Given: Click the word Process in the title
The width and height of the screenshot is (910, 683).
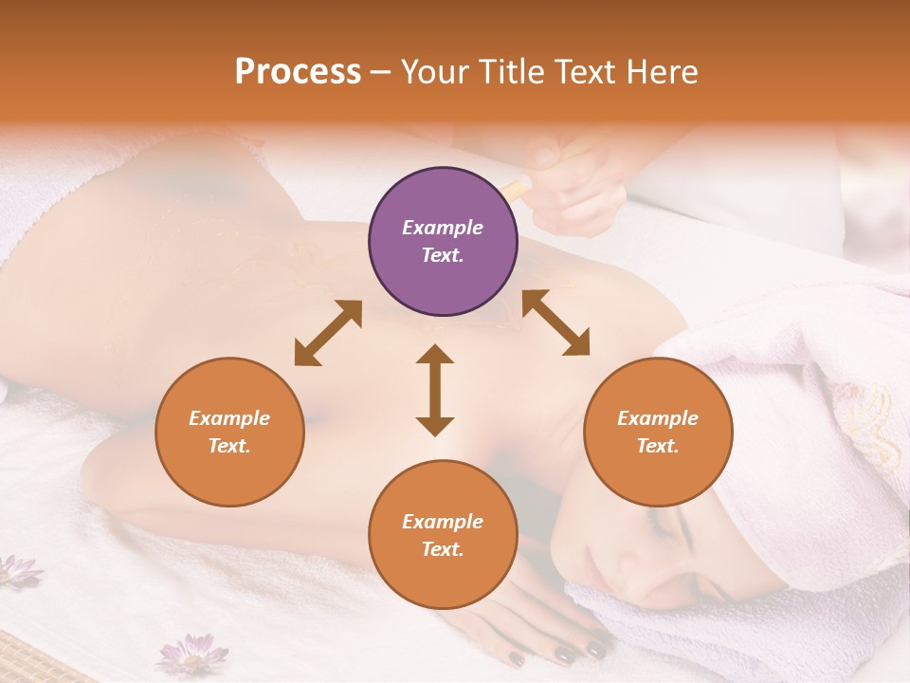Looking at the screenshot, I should click(298, 72).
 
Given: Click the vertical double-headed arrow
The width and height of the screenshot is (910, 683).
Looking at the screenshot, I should click(435, 390).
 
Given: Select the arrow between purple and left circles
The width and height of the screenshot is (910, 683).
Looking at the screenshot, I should click(328, 333).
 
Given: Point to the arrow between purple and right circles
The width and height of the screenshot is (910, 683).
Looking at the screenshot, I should click(555, 323).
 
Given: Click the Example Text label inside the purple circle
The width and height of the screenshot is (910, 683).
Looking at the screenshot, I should click(443, 241).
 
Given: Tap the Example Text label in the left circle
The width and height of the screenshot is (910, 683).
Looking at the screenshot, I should click(229, 432).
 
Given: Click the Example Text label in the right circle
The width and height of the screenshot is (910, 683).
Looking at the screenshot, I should click(658, 432).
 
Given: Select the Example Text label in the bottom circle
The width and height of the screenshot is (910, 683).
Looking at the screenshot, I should click(443, 535).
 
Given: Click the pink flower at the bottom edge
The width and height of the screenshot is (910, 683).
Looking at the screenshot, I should click(193, 654).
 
